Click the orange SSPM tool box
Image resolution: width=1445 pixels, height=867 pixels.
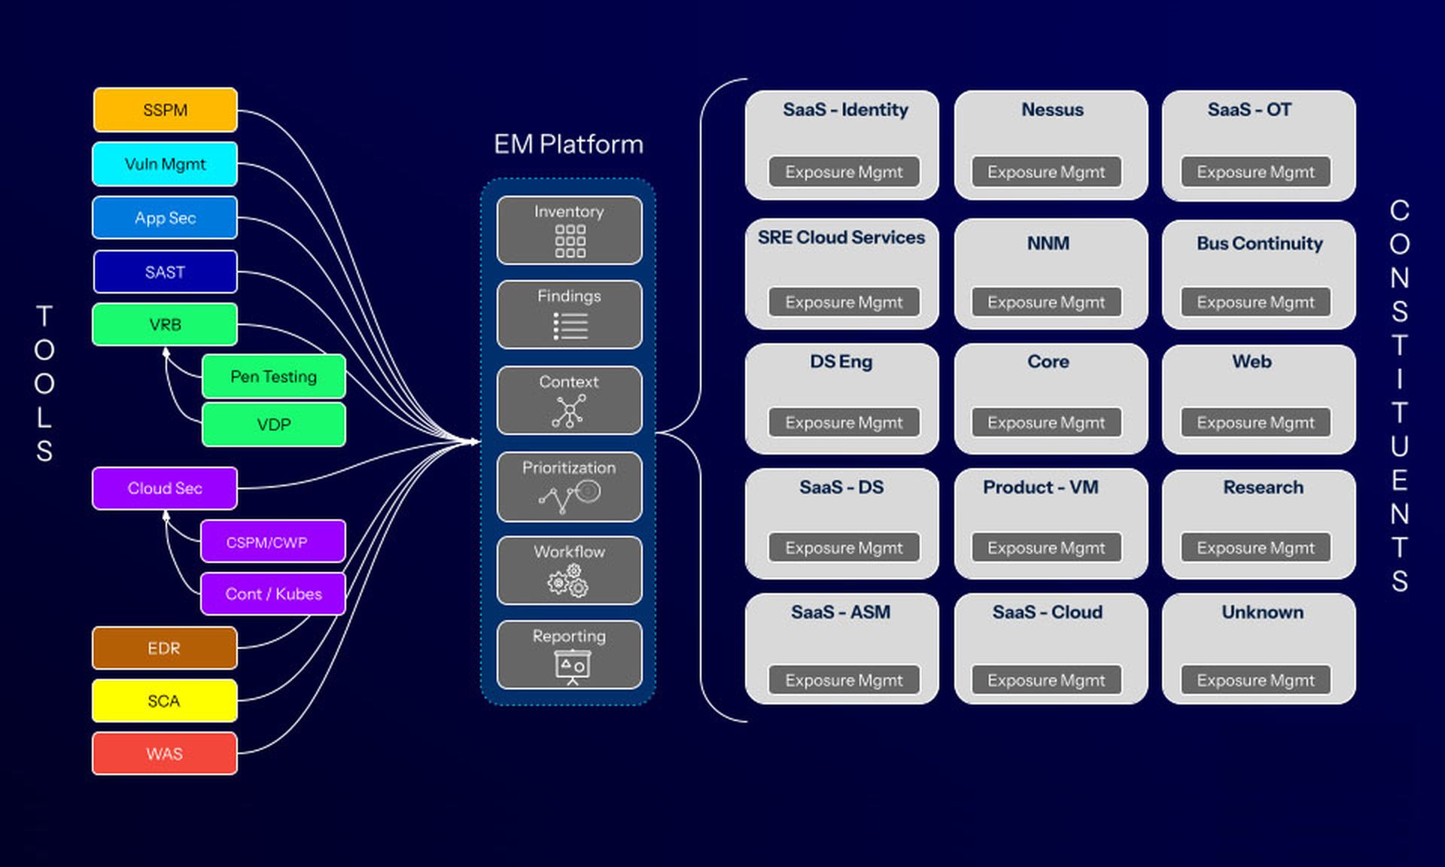(x=165, y=110)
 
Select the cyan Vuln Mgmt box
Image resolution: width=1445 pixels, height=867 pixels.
(x=165, y=164)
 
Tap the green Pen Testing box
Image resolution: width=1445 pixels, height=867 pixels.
(x=273, y=376)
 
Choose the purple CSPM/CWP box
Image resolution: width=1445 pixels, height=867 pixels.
(x=272, y=542)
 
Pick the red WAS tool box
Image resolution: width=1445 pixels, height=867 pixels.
(x=164, y=753)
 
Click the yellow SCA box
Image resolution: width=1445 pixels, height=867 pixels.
(x=164, y=701)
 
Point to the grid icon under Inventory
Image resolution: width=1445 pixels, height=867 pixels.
(x=570, y=242)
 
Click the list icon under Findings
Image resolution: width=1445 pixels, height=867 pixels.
(x=570, y=326)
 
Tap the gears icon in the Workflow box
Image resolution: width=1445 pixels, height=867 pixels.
(x=569, y=581)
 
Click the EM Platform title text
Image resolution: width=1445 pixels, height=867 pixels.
(x=568, y=144)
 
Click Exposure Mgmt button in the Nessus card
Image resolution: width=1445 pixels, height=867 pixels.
(x=1046, y=172)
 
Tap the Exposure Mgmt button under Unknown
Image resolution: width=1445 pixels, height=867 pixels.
(x=1255, y=680)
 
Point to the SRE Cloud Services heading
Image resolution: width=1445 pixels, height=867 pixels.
(x=841, y=237)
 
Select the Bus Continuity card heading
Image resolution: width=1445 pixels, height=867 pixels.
(x=1259, y=243)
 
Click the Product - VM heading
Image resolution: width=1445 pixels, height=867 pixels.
(x=1040, y=487)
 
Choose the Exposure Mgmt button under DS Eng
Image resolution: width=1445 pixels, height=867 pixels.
(x=844, y=423)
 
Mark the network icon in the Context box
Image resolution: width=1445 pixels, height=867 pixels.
(x=569, y=411)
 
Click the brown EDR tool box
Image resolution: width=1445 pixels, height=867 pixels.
(x=164, y=648)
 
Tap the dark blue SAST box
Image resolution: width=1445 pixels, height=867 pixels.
(x=165, y=272)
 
